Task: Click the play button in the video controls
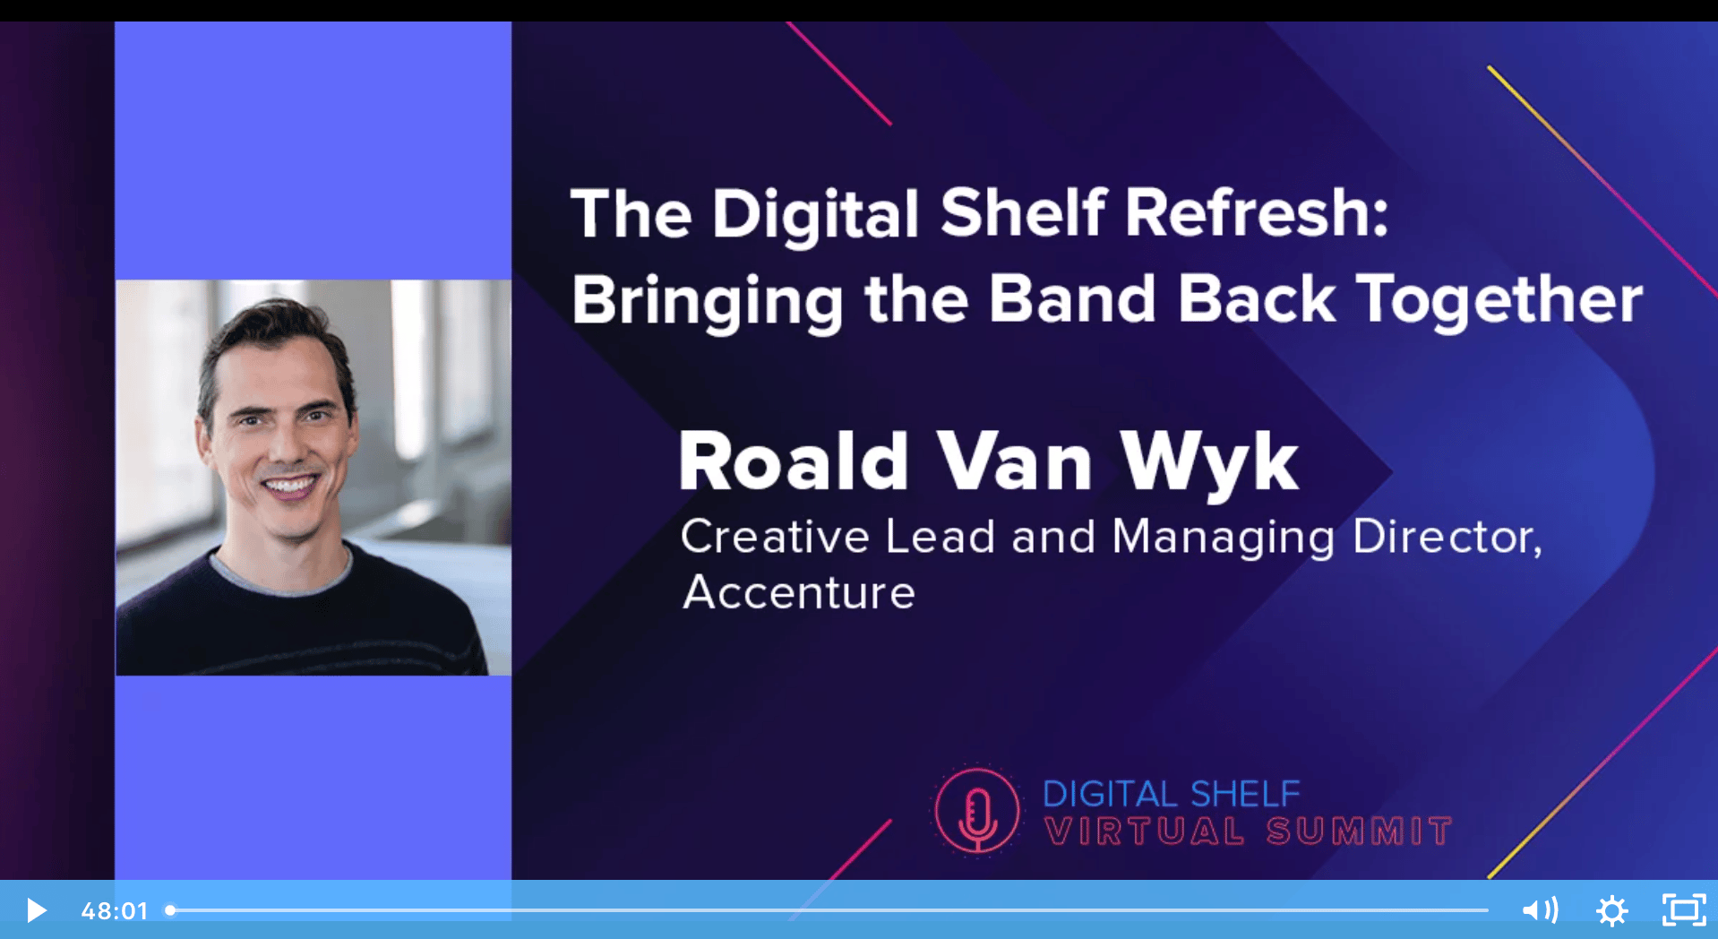click(36, 910)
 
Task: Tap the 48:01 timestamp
click(114, 911)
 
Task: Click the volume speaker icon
click(1540, 910)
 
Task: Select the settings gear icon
click(1611, 911)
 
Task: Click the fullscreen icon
click(1684, 910)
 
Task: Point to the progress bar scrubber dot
click(170, 910)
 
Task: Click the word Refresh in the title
click(1256, 213)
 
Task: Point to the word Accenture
click(798, 592)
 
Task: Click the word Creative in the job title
click(775, 537)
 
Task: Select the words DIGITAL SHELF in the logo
click(1171, 794)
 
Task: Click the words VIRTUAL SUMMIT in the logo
click(1248, 831)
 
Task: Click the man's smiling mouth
click(288, 487)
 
